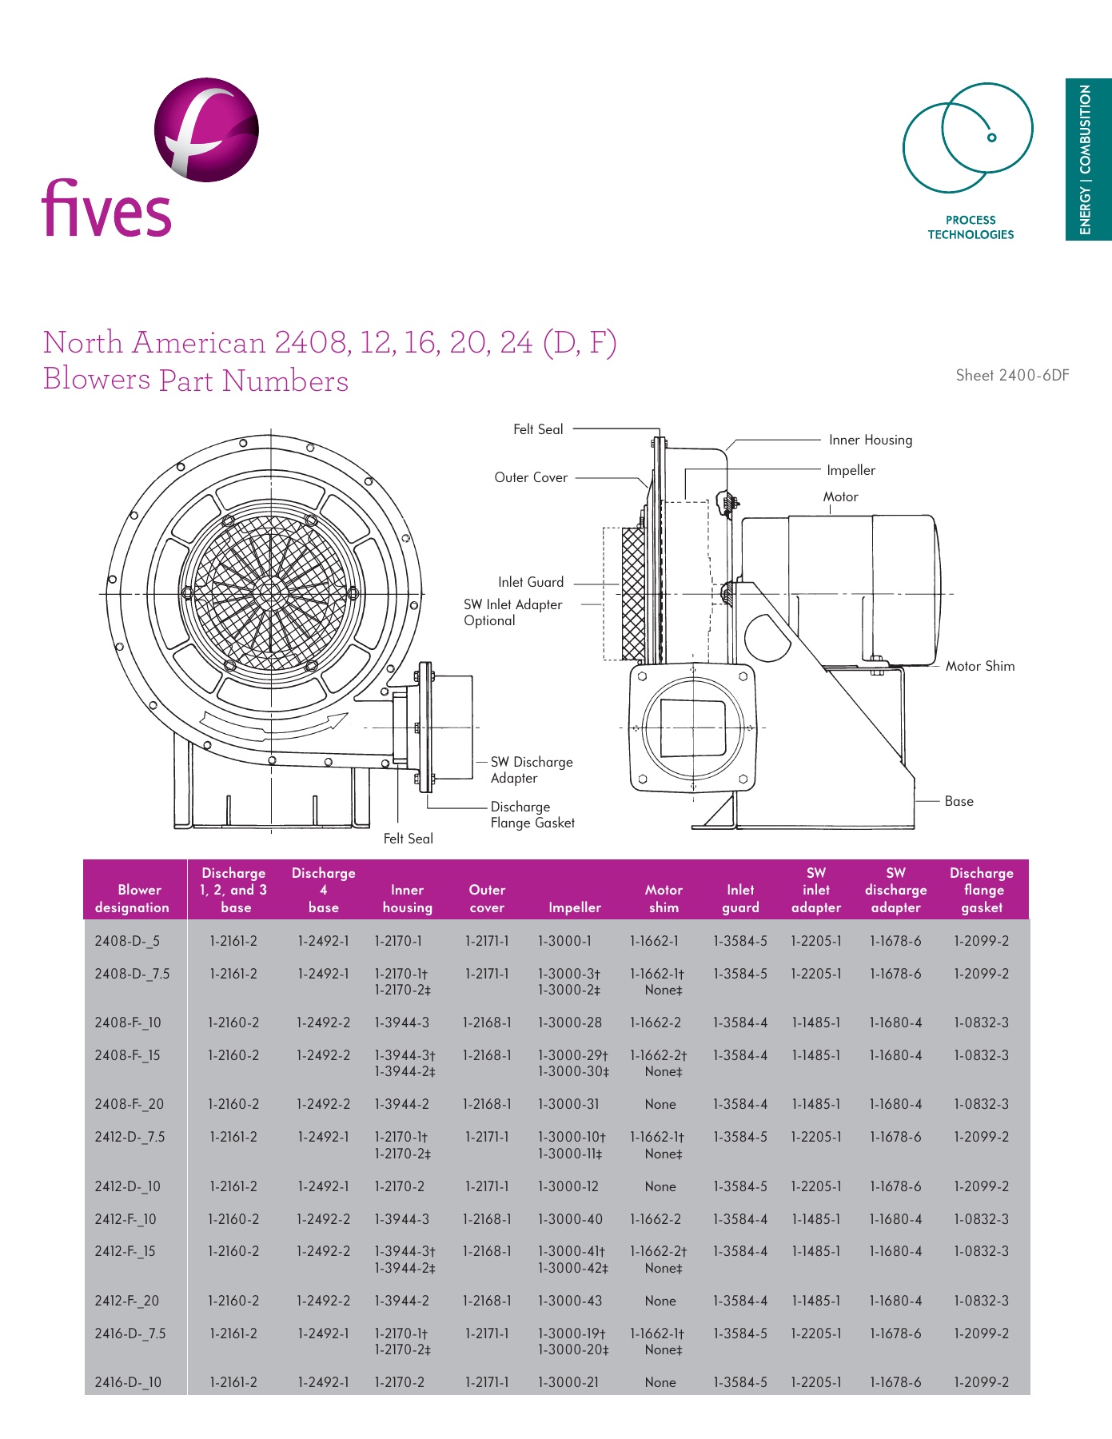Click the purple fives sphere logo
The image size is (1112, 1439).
coord(206,130)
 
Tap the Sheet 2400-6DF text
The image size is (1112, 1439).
coord(1012,376)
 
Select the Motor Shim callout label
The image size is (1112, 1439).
coord(979,666)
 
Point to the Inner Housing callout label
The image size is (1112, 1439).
coord(870,440)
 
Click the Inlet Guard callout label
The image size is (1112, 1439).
coord(531,582)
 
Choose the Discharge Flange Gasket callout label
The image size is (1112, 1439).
coord(532,815)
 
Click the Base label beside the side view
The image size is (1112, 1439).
coord(959,801)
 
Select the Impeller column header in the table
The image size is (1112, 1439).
coord(574,907)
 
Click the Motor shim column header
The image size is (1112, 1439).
coord(664,899)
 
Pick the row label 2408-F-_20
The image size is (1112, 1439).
coord(129,1104)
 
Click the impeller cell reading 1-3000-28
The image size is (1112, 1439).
coord(570,1022)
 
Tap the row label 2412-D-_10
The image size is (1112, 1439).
coord(127,1186)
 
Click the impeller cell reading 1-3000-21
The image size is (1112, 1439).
coord(568,1382)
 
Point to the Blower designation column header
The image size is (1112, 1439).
coord(132,899)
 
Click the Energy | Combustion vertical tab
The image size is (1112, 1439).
coord(1086,159)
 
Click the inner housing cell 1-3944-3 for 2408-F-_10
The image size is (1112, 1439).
coord(401,1022)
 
